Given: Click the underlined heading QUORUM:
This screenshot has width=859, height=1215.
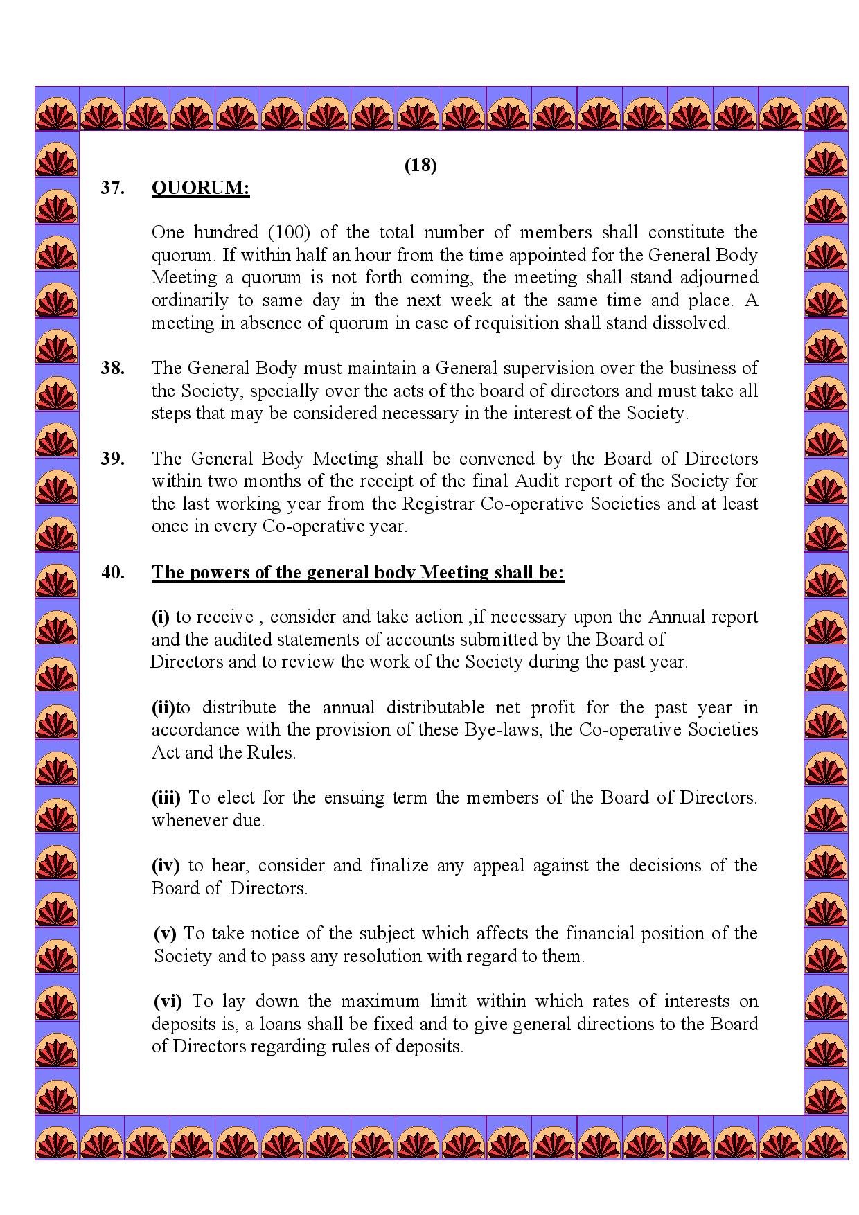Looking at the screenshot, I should point(200,188).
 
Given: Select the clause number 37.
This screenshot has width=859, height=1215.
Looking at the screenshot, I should point(113,188).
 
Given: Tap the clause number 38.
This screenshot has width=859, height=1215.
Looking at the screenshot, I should point(113,368).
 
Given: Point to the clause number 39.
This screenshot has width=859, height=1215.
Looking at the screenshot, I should point(113,459).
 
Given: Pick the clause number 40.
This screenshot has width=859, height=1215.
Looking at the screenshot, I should point(113,572).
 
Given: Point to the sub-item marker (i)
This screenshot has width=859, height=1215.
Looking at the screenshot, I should point(161,617).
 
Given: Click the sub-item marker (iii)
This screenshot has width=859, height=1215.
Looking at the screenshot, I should point(166,797).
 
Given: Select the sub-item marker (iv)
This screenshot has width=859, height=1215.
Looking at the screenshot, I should point(166,865).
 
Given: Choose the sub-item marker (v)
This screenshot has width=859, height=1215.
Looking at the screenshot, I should point(166,933).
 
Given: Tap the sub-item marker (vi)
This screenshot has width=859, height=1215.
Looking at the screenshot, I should point(168,1001).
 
